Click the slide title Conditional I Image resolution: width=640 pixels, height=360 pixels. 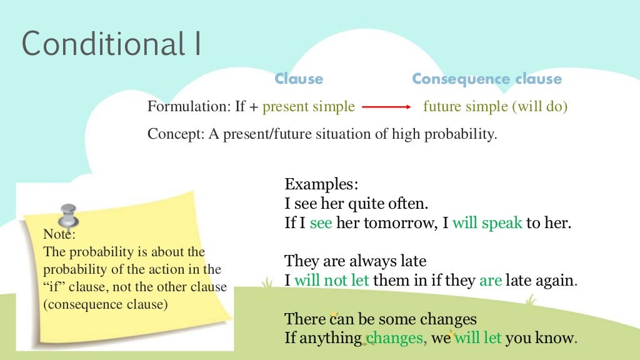tap(111, 44)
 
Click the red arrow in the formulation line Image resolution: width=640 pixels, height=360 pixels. tap(386, 107)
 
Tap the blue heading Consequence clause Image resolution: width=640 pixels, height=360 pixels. tap(487, 79)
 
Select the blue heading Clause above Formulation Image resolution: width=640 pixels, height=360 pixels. tap(299, 79)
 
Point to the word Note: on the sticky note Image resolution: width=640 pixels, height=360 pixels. tap(59, 235)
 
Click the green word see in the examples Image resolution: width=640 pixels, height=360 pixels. tap(321, 223)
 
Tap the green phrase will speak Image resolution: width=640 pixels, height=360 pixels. tap(487, 223)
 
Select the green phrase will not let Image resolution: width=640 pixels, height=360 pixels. tap(331, 281)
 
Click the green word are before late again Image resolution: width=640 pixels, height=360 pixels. tap(491, 281)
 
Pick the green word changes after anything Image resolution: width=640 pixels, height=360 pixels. tap(395, 339)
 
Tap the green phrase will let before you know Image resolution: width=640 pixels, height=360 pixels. tap(478, 339)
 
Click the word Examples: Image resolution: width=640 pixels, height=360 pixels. tap(322, 184)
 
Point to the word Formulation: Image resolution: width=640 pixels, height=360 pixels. tap(188, 107)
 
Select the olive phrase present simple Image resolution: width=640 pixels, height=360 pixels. tap(309, 107)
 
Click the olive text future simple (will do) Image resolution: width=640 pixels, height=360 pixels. tap(495, 107)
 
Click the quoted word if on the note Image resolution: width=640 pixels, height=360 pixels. tap(53, 287)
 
